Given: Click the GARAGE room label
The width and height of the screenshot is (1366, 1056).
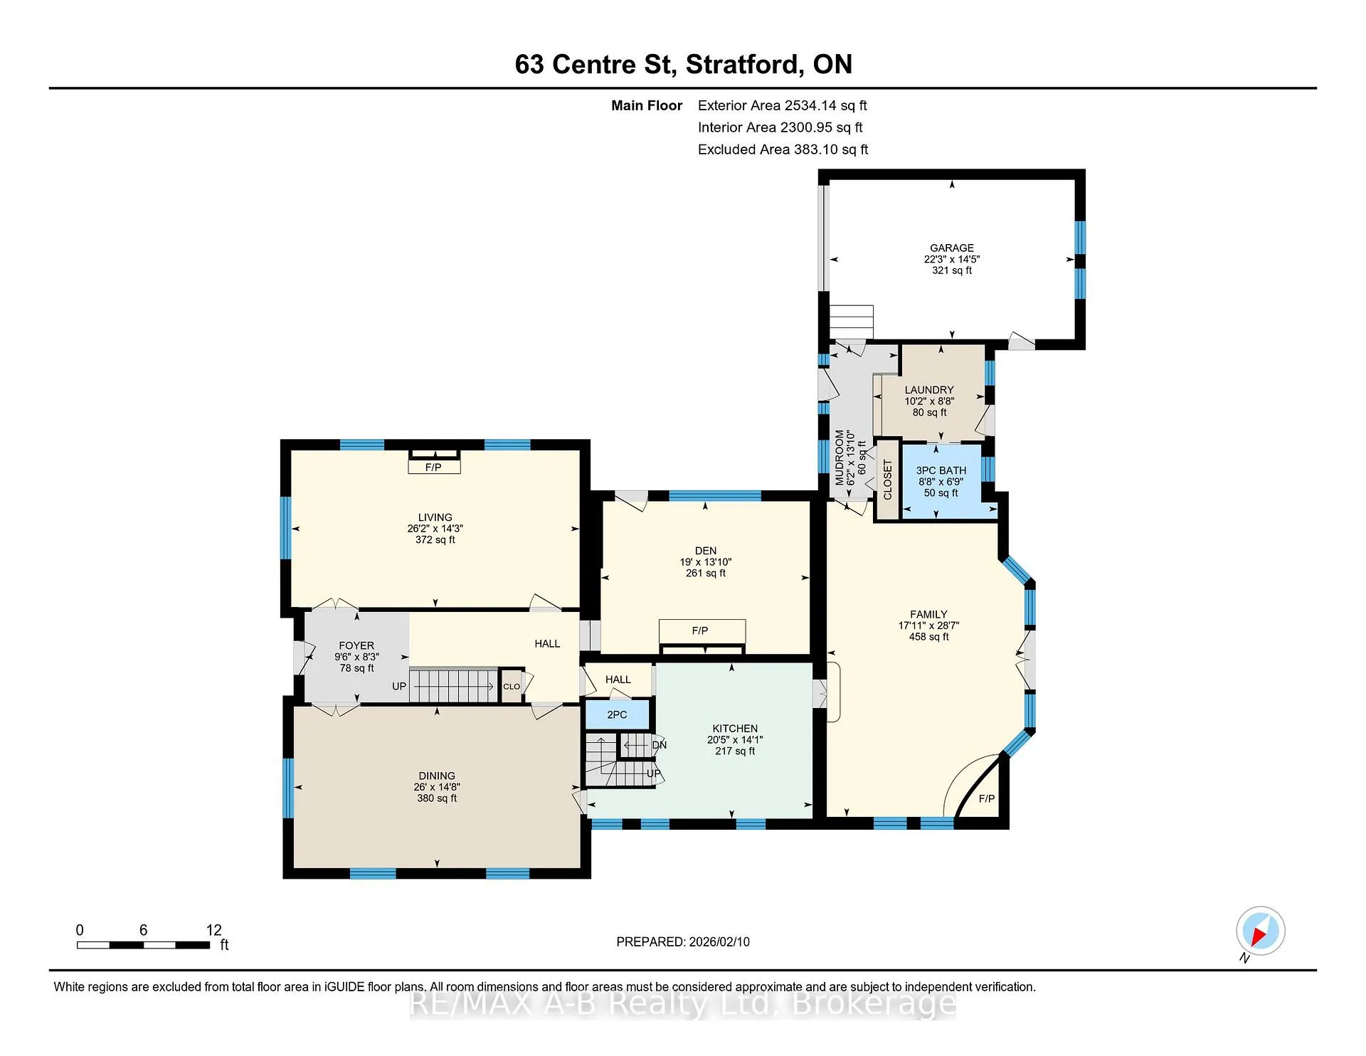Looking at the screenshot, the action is [x=951, y=248].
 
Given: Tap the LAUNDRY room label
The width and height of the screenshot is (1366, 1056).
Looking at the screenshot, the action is [x=929, y=390].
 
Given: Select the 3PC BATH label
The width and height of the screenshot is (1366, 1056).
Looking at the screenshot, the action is [x=941, y=470].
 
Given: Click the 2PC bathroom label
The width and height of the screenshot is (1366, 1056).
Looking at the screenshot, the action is [x=617, y=714].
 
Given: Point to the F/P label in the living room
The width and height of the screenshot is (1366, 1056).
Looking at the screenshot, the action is [x=433, y=468].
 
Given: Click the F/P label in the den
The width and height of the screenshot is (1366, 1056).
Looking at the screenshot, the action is [x=700, y=630].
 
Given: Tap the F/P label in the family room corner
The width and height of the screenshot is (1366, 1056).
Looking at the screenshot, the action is [x=987, y=798].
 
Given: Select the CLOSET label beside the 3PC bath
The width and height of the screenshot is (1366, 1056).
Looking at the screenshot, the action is [x=887, y=480].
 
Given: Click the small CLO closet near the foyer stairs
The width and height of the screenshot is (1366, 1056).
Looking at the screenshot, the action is [x=512, y=687].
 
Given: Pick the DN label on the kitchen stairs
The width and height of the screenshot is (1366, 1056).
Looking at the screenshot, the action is [x=660, y=745].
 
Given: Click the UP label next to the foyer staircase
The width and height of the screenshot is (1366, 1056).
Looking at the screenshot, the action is [x=399, y=687].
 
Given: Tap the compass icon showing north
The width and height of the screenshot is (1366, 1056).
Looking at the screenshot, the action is [x=1260, y=931].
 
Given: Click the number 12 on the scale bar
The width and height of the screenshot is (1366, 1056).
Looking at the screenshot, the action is [x=214, y=930].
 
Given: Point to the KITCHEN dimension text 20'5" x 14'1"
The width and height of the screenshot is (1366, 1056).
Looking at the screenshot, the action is [x=735, y=740].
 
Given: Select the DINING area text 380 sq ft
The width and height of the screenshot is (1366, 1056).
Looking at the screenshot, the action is [x=437, y=798].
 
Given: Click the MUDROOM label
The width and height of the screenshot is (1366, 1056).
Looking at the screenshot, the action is [x=840, y=457].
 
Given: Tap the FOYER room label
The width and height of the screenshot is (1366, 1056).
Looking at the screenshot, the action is [x=356, y=645].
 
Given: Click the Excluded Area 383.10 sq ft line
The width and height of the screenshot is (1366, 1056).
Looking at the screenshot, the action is [x=783, y=149].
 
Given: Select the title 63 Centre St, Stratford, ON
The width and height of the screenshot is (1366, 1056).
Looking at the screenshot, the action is [x=684, y=65].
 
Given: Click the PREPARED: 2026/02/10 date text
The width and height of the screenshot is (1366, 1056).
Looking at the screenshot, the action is [x=683, y=941].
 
